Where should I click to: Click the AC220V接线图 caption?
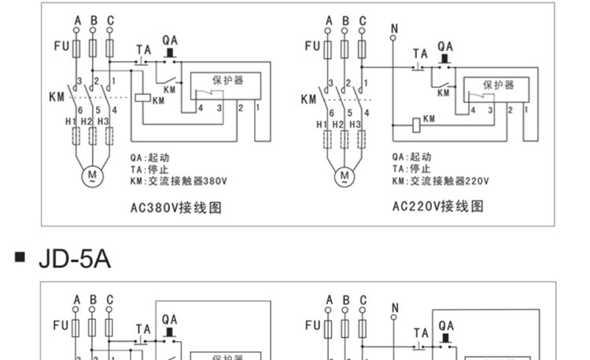tap(438, 207)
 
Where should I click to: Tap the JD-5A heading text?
tap(74, 259)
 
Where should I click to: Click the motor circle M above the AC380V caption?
tap(92, 174)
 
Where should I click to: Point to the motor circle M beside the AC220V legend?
tap(345, 175)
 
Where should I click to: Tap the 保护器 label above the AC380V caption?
tap(227, 80)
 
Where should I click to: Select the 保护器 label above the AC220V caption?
tap(498, 84)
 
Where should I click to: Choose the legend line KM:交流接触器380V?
tap(178, 180)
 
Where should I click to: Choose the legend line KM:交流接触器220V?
tap(440, 180)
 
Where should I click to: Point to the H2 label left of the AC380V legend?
tap(87, 122)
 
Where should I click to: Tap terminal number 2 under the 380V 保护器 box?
tap(240, 106)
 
